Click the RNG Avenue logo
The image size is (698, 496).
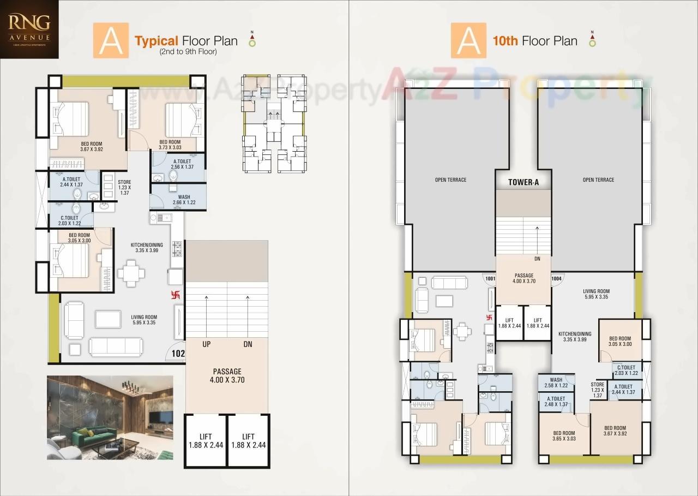click(30, 28)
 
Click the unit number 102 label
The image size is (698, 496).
click(178, 354)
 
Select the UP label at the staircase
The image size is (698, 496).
click(206, 344)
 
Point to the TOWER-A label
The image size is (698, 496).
click(523, 182)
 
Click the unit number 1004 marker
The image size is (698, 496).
click(556, 279)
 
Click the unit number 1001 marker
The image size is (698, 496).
click(490, 279)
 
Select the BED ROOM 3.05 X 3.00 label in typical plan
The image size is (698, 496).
click(79, 238)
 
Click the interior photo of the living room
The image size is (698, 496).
click(110, 417)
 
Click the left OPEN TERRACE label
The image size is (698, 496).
click(450, 180)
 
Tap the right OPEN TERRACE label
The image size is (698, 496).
click(598, 180)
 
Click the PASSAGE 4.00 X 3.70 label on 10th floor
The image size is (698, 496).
click(523, 278)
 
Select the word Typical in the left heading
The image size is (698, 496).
click(157, 41)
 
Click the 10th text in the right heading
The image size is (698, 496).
click(505, 41)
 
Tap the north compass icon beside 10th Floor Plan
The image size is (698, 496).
click(592, 40)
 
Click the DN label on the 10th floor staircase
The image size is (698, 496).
click(537, 259)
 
